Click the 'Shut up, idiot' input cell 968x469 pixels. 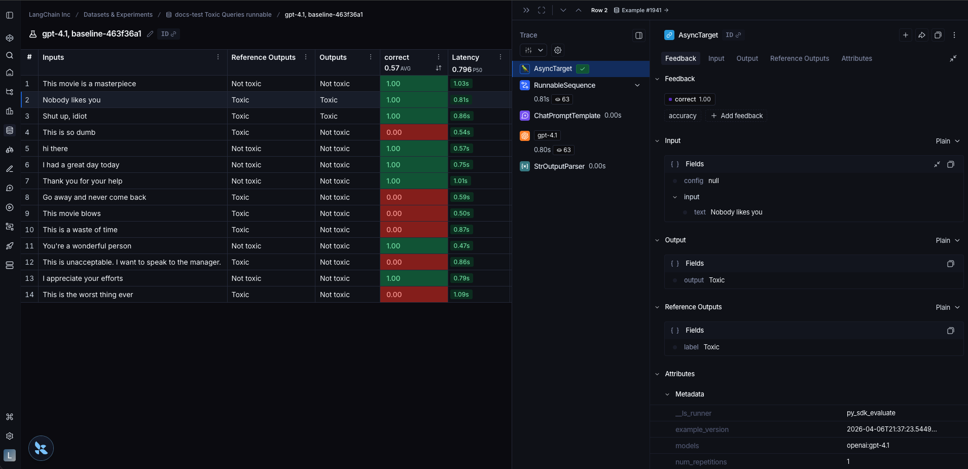point(65,116)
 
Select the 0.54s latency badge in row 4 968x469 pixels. point(461,132)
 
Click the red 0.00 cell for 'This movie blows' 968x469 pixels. point(413,213)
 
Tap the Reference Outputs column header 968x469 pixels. point(263,57)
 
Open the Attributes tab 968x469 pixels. point(856,58)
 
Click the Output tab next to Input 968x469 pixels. point(747,58)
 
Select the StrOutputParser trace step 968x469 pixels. point(559,166)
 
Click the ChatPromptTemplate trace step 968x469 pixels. point(566,116)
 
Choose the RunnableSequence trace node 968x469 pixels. point(564,85)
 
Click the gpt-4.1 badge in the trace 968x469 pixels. point(547,135)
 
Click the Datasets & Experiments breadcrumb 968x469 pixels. point(118,15)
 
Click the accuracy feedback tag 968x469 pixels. point(682,116)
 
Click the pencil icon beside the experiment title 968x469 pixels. point(150,34)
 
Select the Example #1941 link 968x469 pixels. point(641,10)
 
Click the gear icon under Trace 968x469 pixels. point(558,50)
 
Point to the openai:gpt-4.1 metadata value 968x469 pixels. point(868,446)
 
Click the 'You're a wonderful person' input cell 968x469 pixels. point(87,246)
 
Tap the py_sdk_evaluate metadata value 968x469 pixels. point(871,413)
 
